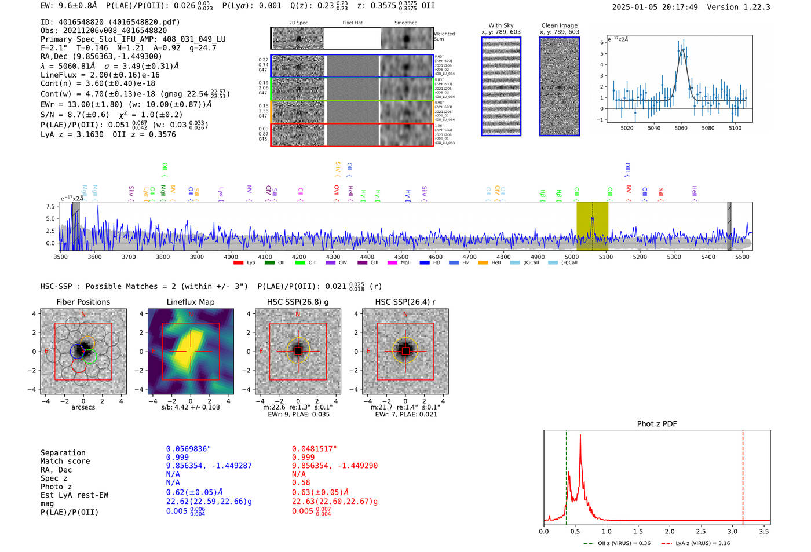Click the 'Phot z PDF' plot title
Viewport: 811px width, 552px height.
(657, 424)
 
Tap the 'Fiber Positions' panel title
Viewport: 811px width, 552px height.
(83, 302)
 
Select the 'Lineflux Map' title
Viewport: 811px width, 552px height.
(191, 302)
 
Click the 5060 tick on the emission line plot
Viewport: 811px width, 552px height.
(681, 128)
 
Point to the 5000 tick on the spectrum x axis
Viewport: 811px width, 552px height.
(572, 257)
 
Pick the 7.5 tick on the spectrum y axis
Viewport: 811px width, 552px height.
(50, 206)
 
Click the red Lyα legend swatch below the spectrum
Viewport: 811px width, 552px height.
(238, 263)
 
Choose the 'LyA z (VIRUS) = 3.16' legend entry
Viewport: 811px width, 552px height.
(697, 543)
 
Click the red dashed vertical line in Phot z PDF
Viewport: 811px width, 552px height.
(743, 475)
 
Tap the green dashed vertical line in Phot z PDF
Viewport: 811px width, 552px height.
(566, 475)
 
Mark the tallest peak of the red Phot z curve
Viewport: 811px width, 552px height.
(580, 436)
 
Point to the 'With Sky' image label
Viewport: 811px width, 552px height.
(501, 25)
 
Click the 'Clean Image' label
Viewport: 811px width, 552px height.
(559, 25)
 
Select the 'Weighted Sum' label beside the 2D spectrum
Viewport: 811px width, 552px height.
(444, 36)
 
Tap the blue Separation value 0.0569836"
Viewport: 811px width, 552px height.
(188, 449)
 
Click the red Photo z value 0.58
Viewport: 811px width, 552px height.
(301, 482)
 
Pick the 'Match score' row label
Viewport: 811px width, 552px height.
(65, 461)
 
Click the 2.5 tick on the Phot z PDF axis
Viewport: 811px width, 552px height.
(701, 531)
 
